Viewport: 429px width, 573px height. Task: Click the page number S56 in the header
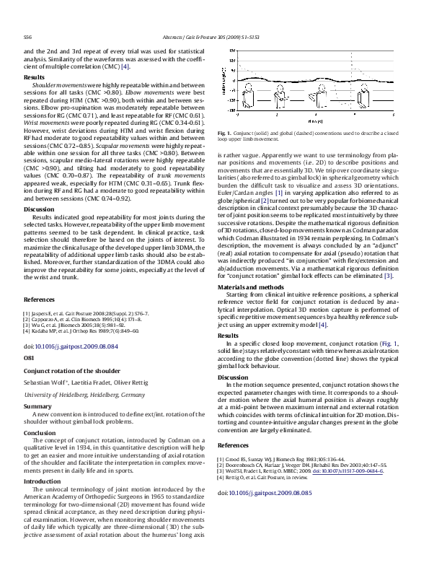coord(27,35)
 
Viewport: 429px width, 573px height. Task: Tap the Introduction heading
coord(43,480)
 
